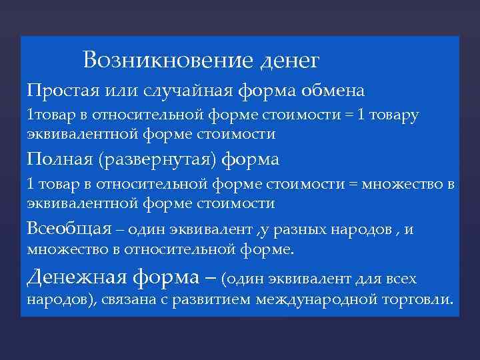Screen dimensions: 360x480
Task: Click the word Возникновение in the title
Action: [x=167, y=61]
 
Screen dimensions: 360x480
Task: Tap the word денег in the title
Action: [x=288, y=62]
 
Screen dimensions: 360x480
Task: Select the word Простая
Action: [x=61, y=89]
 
